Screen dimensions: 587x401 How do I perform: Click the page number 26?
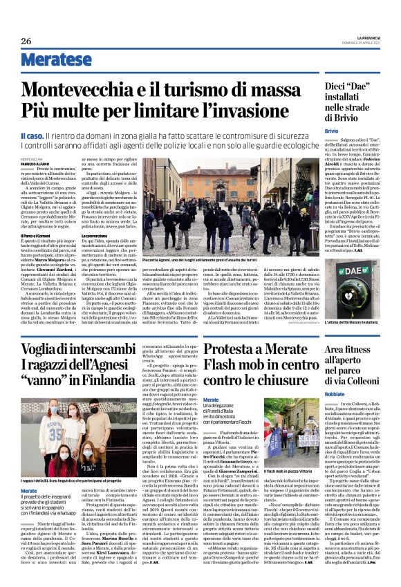point(26,41)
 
